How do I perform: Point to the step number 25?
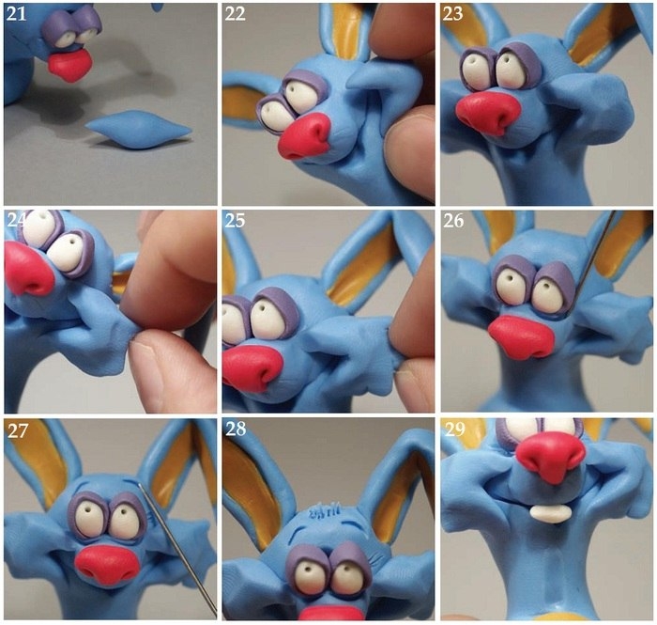[235, 220]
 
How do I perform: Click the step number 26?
[453, 220]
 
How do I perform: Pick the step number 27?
[18, 430]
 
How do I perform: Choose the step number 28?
[236, 429]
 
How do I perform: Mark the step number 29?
[454, 429]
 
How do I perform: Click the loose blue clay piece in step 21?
[138, 129]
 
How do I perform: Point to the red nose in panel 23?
[488, 114]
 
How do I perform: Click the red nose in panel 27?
[107, 565]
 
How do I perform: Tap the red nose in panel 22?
[305, 136]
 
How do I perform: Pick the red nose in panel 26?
[521, 336]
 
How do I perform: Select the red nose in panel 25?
[252, 369]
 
